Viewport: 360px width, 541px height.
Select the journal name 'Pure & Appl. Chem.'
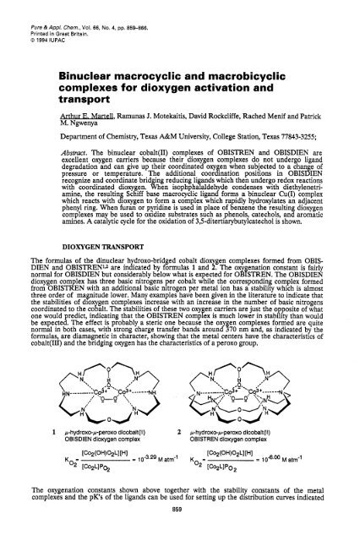pyautogui.click(x=34, y=9)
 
